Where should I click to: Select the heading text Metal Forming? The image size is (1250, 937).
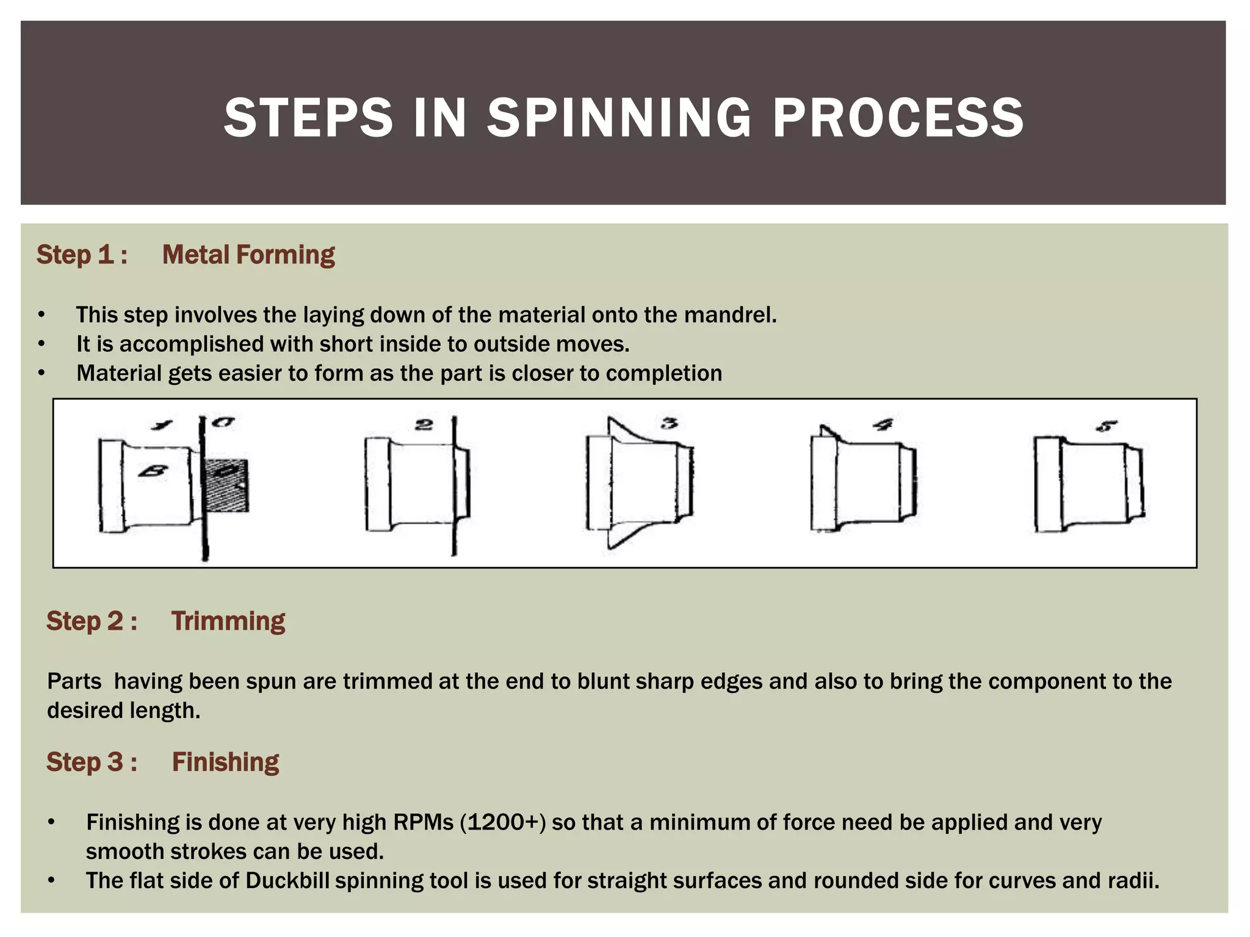pos(248,255)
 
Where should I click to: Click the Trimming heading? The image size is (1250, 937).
pos(228,621)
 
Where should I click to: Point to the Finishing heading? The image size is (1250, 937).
pos(225,763)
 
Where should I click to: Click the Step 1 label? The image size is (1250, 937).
pos(82,255)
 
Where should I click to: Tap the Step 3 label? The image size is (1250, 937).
pos(92,763)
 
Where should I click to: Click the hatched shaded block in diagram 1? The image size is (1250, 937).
pos(226,485)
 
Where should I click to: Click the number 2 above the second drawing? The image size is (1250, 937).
pos(424,425)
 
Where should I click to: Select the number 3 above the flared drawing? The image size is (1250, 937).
pos(670,423)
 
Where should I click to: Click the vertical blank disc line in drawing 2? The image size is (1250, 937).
pos(453,488)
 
